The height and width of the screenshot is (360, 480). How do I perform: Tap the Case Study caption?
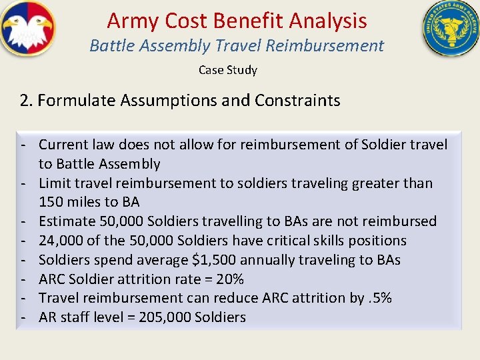coord(227,69)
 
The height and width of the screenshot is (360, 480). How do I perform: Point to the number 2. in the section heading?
coord(26,101)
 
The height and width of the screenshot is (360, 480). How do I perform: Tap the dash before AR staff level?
coord(23,317)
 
